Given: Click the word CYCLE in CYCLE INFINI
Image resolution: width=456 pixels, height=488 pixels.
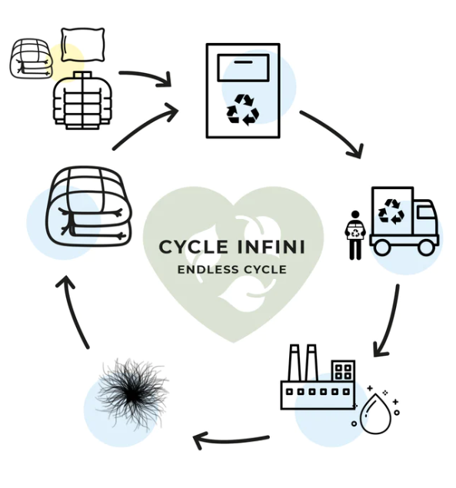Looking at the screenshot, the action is point(193,247).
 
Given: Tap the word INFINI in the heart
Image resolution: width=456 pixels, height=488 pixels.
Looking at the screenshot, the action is point(271,247).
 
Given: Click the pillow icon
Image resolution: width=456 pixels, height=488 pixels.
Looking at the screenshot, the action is point(82,45).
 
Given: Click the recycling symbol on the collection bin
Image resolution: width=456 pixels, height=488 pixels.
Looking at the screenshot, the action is point(243,110).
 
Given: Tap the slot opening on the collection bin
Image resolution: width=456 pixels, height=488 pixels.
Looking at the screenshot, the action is point(243,68).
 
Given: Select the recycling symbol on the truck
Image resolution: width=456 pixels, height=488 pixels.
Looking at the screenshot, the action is point(391,211).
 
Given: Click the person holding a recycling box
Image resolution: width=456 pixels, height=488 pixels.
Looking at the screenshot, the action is point(355,235).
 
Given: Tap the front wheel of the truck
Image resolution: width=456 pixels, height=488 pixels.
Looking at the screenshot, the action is point(427,247).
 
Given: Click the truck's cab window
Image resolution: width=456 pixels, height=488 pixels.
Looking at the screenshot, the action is point(425,213).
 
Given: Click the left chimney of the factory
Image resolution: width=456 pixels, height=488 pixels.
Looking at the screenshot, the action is point(295,363).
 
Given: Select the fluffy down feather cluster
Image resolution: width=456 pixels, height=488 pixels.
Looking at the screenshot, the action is point(132,393).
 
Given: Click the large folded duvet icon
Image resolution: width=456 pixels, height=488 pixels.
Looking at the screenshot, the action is point(88,206).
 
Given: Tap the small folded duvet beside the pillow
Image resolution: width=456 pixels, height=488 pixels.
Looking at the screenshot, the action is point(32,58).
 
